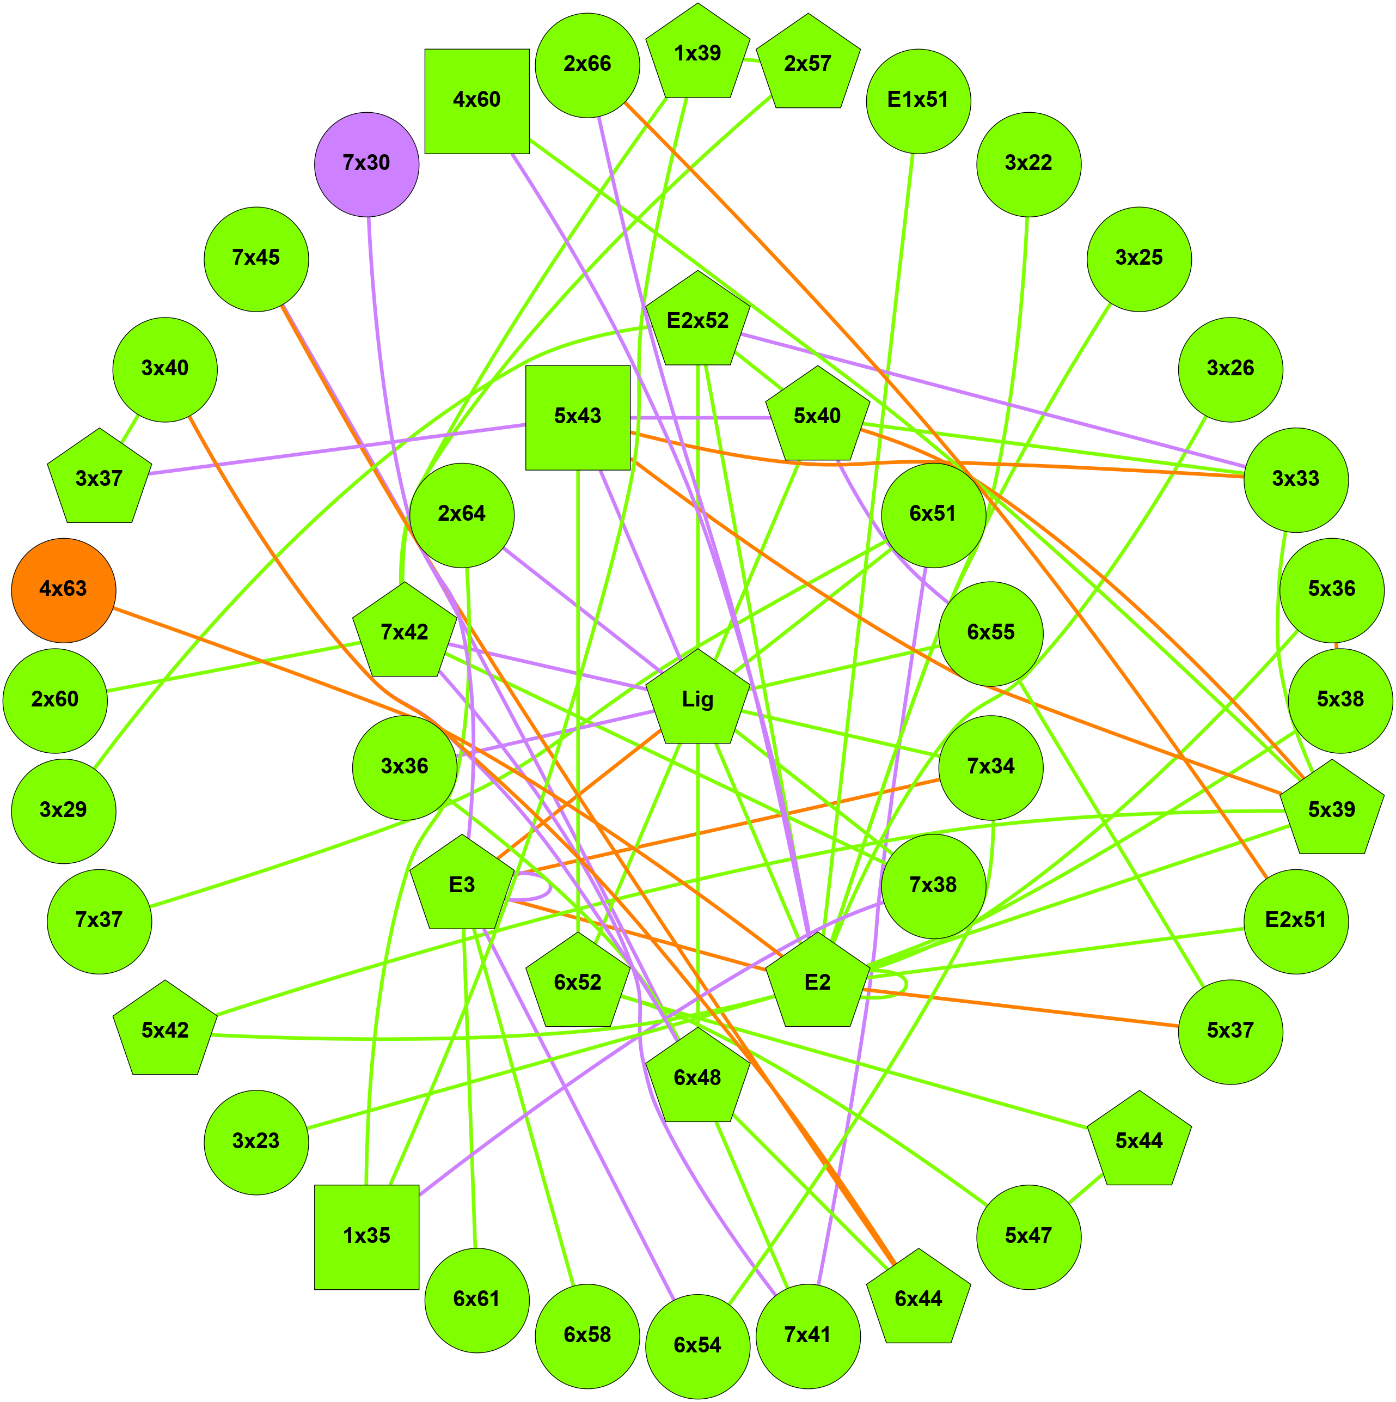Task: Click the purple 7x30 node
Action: [366, 164]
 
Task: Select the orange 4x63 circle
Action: [64, 590]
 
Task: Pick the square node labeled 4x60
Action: [477, 101]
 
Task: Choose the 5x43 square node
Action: [578, 417]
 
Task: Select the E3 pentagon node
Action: [462, 885]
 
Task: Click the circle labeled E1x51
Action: [918, 101]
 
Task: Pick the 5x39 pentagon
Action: [1331, 810]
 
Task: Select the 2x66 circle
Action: [587, 65]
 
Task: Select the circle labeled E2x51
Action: [1295, 921]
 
